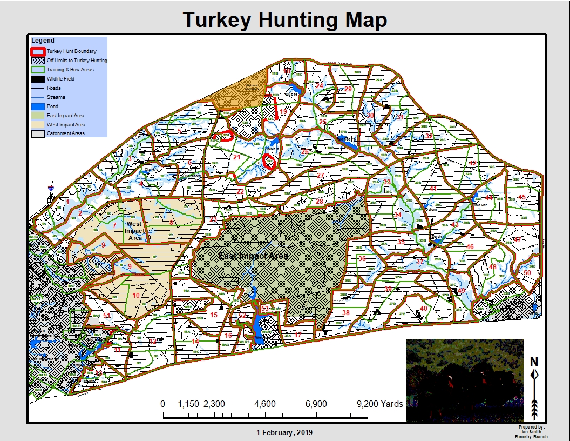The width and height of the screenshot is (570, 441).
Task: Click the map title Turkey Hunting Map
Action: click(285, 21)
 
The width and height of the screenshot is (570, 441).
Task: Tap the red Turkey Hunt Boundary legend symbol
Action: click(38, 51)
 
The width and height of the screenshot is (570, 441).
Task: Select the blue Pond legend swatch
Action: click(38, 106)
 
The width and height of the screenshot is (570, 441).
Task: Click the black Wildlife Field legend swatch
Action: click(38, 79)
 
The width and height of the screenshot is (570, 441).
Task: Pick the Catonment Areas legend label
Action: click(65, 133)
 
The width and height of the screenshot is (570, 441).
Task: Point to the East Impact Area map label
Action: click(253, 256)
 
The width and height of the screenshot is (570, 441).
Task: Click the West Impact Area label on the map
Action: click(134, 231)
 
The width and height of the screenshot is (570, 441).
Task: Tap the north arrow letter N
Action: click(534, 362)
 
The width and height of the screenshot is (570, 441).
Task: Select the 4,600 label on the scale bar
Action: click(265, 404)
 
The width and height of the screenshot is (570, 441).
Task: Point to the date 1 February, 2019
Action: click(284, 432)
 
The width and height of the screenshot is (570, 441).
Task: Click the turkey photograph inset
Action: click(464, 380)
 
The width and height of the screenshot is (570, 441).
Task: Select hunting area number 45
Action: click(521, 197)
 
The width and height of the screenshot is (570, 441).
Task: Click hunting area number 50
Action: click(527, 272)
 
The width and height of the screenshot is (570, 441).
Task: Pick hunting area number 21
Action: click(236, 157)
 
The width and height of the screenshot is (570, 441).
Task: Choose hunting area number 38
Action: click(345, 313)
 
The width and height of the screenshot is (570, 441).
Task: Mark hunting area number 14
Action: click(195, 342)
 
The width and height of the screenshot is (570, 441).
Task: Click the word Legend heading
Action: click(43, 41)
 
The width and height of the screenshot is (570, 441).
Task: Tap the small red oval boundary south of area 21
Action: click(269, 162)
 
